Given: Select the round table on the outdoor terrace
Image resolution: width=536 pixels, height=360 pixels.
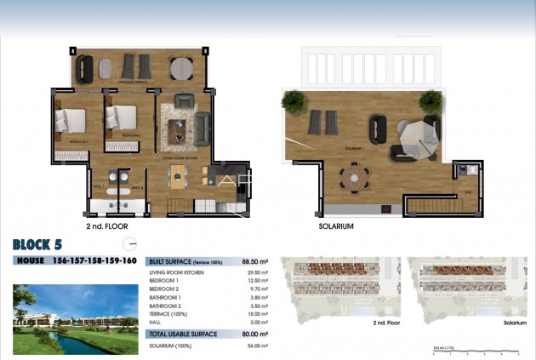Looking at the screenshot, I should (x=180, y=67).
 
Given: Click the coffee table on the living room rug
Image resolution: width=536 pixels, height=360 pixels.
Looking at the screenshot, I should (x=181, y=129).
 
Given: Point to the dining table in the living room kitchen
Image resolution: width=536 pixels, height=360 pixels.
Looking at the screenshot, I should (x=178, y=176).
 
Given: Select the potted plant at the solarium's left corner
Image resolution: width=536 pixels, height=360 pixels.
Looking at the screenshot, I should (x=293, y=102).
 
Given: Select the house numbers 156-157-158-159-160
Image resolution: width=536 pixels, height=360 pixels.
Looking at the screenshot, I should (x=94, y=260).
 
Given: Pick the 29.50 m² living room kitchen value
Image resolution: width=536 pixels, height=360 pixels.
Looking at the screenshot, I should (x=257, y=272).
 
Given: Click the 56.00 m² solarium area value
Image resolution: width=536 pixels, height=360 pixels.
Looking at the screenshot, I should (x=257, y=345).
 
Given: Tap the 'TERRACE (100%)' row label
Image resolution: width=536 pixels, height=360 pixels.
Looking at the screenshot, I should (x=168, y=313).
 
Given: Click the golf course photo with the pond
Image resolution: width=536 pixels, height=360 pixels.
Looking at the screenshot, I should (x=76, y=318).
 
